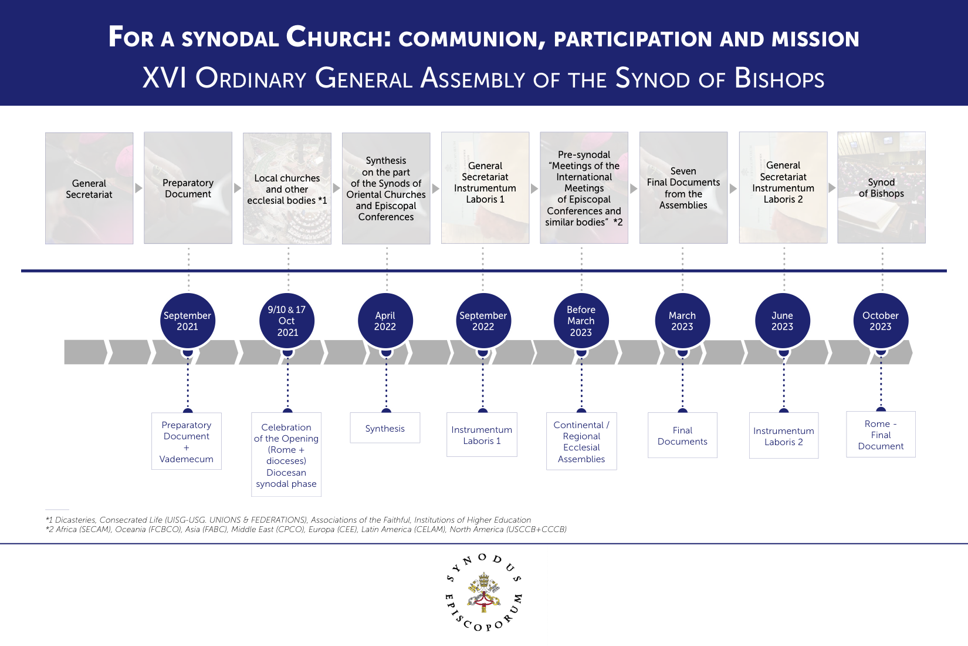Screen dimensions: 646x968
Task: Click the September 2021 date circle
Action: tap(188, 321)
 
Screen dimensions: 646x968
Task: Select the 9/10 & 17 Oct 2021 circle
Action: tap(287, 321)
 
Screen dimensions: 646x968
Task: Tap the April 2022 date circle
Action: tap(385, 321)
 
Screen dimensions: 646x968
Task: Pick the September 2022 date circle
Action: tap(483, 321)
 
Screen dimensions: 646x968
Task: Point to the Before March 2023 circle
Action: tap(581, 321)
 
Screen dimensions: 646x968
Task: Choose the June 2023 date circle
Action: tap(783, 321)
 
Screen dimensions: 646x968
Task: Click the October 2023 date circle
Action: tap(881, 321)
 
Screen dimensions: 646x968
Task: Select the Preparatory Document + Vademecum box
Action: tap(187, 442)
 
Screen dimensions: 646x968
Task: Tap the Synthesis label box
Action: tap(385, 428)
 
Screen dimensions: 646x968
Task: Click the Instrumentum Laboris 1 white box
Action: tap(482, 435)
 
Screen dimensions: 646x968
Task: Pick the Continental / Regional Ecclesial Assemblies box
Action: tap(581, 442)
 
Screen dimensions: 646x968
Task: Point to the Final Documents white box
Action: tap(682, 436)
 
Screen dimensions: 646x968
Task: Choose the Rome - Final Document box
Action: tap(881, 435)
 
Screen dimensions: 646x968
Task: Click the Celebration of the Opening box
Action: tap(286, 455)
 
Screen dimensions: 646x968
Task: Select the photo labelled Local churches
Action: tap(287, 188)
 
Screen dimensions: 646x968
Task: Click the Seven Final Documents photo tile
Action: tap(683, 188)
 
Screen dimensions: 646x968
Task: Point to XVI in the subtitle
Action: tap(164, 78)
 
